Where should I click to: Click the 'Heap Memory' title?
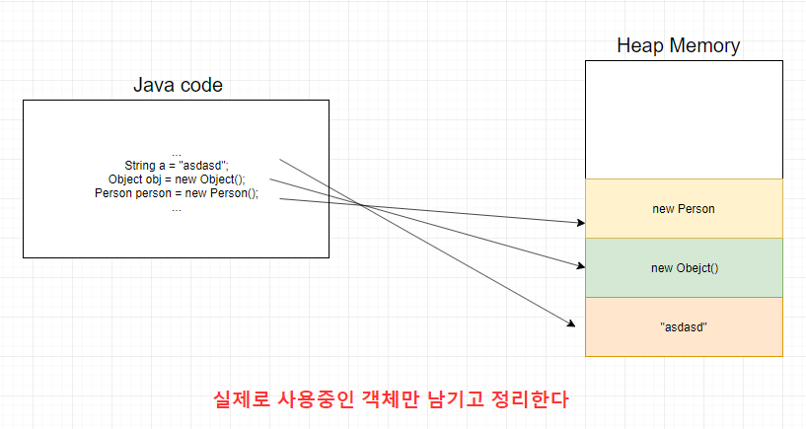(x=678, y=45)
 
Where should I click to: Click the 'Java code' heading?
(x=178, y=85)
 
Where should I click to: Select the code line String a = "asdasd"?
(x=176, y=165)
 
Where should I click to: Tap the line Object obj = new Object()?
(x=176, y=179)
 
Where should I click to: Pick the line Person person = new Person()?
(x=176, y=193)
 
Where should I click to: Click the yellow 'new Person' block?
(x=684, y=208)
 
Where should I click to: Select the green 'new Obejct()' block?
(x=684, y=267)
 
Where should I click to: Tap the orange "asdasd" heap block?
(x=684, y=326)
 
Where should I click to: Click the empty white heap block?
(x=684, y=119)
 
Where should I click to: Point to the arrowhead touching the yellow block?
(x=580, y=223)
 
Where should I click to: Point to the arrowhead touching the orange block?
(x=570, y=322)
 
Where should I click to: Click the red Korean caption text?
(x=392, y=399)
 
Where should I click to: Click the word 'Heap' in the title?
(x=637, y=45)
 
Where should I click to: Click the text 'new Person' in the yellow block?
(x=684, y=208)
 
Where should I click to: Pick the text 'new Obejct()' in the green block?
(x=684, y=267)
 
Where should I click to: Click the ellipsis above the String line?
(x=176, y=152)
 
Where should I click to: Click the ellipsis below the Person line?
(x=176, y=207)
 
